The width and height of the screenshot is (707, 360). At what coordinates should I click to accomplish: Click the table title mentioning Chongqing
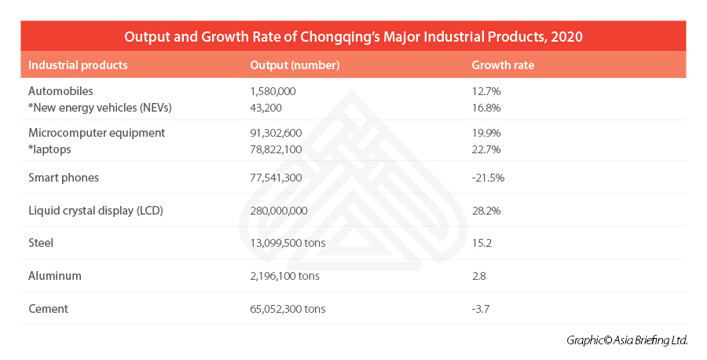[353, 37]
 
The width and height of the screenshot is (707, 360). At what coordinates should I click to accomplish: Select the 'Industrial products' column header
[77, 65]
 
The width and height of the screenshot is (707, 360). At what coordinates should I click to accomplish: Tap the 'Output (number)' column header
[294, 65]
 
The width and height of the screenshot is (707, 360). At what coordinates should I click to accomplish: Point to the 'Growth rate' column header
[502, 65]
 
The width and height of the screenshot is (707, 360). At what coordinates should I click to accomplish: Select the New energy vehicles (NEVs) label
[99, 107]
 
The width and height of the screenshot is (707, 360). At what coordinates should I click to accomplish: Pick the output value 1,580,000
[273, 91]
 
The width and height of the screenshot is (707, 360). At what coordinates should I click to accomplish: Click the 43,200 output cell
[264, 107]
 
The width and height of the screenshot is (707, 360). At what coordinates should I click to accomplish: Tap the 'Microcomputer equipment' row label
[96, 133]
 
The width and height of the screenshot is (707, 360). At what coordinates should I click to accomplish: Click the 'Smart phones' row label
[63, 178]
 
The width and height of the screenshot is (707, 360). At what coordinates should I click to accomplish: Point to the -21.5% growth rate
[487, 178]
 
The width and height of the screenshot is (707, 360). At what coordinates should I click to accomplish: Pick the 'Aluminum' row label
[54, 276]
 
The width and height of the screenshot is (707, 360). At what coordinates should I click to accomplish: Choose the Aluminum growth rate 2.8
[479, 276]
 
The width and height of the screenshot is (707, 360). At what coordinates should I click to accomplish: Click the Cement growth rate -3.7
[481, 309]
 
